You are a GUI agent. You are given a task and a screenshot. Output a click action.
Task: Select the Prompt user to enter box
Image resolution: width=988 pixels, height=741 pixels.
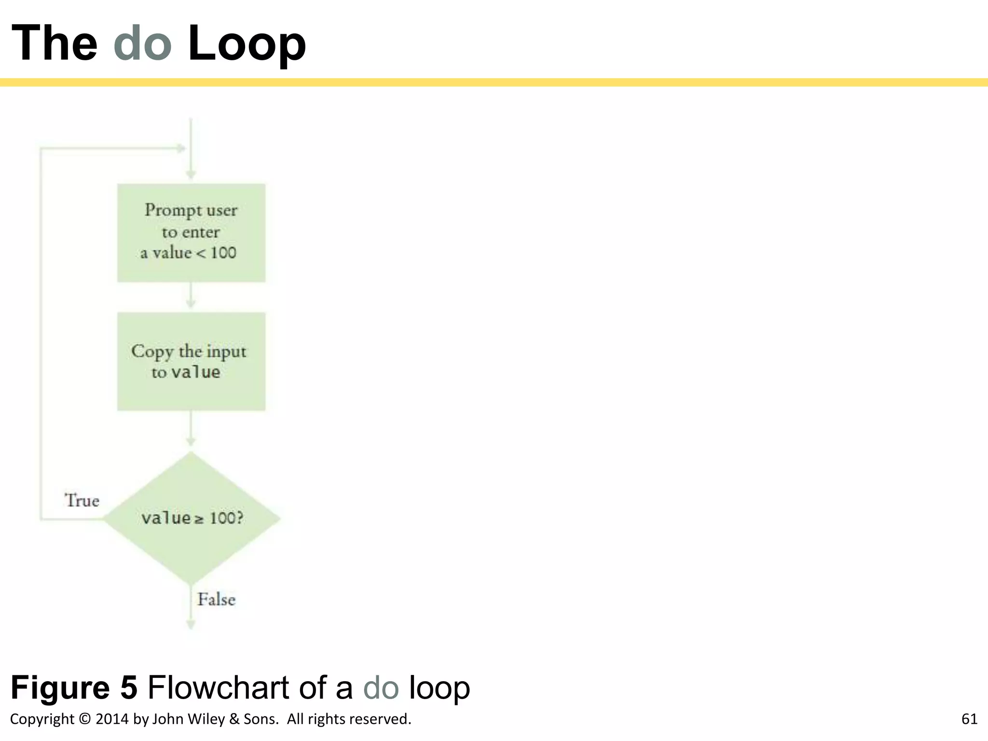[191, 233]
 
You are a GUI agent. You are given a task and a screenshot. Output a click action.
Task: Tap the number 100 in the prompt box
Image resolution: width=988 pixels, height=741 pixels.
[223, 253]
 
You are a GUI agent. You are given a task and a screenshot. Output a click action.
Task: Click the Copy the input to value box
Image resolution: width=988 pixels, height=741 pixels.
[191, 361]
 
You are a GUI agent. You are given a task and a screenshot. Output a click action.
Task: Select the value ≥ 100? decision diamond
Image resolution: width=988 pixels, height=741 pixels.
[191, 518]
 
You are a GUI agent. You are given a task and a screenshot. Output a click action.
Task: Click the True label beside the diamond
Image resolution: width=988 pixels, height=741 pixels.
[82, 500]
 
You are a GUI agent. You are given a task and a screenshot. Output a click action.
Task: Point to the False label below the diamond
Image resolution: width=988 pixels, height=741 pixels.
[216, 599]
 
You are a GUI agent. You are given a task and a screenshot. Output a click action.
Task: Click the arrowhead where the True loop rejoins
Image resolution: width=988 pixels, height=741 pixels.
[181, 149]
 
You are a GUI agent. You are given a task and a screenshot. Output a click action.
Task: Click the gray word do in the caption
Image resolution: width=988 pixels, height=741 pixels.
[381, 687]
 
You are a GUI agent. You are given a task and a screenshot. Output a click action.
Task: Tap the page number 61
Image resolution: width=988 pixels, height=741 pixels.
[969, 719]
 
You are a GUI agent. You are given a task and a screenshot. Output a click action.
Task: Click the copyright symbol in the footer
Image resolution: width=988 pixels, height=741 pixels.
[84, 719]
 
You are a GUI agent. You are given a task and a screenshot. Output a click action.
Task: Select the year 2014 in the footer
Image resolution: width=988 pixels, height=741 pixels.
[112, 719]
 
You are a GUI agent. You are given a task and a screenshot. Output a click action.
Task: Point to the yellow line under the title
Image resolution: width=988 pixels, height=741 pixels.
[494, 82]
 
